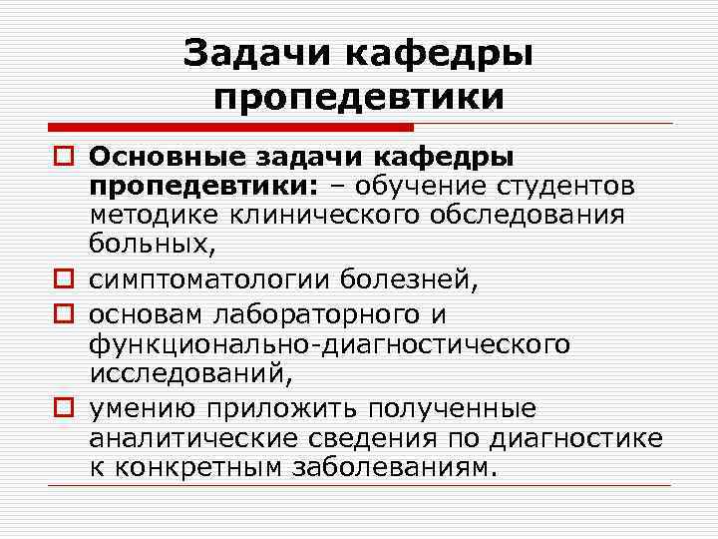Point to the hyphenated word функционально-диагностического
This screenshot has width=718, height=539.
coord(329,343)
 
